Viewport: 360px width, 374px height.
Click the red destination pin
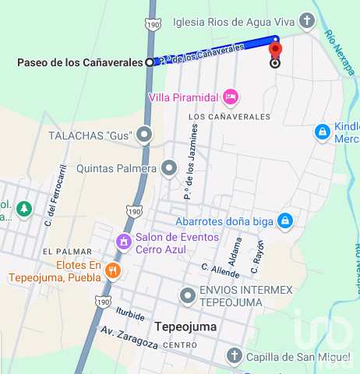(x=275, y=50)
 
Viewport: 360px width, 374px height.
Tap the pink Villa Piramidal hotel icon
(x=230, y=97)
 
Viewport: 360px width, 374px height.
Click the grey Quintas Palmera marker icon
(x=169, y=168)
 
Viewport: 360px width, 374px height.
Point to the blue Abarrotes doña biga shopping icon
(x=285, y=221)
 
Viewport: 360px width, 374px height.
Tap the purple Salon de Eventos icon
(x=123, y=241)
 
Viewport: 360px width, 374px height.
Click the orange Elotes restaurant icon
(x=114, y=270)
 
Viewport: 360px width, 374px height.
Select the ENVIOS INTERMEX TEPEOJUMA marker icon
(x=187, y=296)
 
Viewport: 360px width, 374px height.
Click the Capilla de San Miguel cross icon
(x=233, y=357)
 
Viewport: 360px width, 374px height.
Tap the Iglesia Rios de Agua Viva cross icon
(x=309, y=21)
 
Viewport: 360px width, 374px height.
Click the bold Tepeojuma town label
(x=185, y=327)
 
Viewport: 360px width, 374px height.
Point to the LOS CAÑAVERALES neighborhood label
(x=229, y=117)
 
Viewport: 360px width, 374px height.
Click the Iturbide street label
(x=130, y=315)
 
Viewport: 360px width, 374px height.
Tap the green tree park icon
(x=24, y=209)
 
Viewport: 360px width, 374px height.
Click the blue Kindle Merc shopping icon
(x=321, y=132)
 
